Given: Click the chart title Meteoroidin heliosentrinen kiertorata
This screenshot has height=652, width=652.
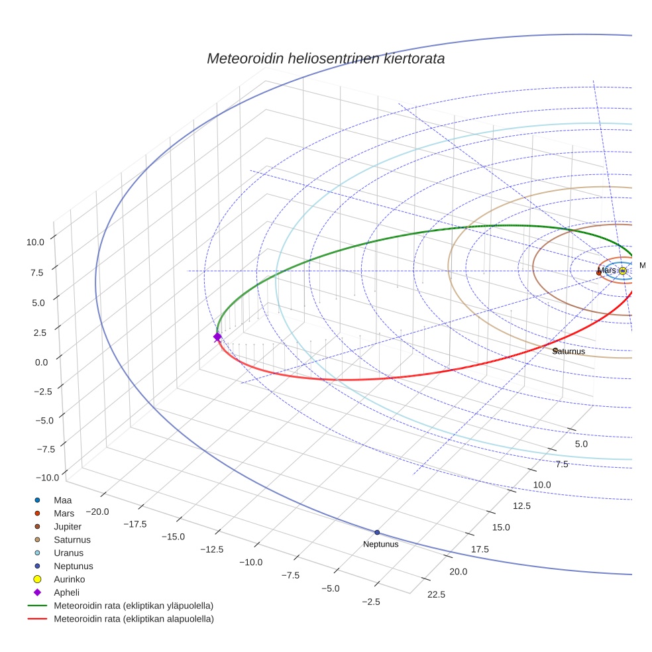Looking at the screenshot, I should click(x=325, y=58).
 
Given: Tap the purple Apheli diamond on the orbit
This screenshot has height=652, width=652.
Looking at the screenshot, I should click(x=217, y=337).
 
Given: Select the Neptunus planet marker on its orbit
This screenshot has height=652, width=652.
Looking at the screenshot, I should click(x=377, y=532).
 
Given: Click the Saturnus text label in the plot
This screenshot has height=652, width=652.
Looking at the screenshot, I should click(x=569, y=351).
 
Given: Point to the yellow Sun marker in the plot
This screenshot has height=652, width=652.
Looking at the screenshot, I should click(x=622, y=270).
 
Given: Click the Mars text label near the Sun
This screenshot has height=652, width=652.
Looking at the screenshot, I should click(x=606, y=270).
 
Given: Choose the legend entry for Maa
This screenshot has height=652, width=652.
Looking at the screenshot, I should click(x=63, y=500).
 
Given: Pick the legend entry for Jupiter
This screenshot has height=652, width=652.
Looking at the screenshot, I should click(x=68, y=526).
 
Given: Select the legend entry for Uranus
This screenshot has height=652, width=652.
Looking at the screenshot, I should click(x=68, y=553).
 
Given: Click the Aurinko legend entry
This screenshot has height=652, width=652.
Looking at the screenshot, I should click(x=69, y=579).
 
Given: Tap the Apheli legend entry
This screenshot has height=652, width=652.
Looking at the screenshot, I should click(x=66, y=592).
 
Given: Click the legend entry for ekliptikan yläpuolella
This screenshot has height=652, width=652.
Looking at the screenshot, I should click(x=133, y=606).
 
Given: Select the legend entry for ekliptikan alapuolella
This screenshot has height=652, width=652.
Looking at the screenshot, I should click(x=133, y=619).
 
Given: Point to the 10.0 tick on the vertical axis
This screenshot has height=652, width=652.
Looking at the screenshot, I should click(x=35, y=243).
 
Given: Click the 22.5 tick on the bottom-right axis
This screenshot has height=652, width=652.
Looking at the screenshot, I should click(x=436, y=594).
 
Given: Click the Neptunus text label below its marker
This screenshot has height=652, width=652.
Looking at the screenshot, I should click(x=381, y=544).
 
